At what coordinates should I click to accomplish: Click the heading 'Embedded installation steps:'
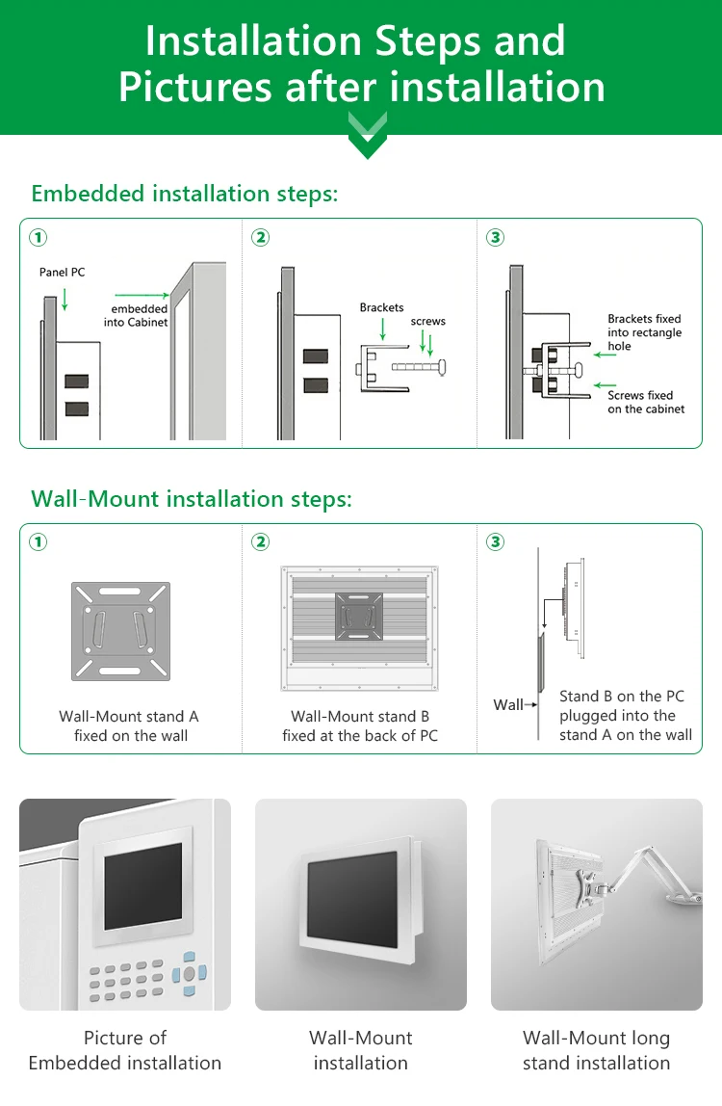coord(185,194)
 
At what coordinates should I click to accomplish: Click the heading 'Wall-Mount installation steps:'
coord(192,499)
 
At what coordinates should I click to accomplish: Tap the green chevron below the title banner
coord(368,135)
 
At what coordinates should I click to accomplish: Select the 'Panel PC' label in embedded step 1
coord(62,273)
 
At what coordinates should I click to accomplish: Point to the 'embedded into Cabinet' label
coord(136,315)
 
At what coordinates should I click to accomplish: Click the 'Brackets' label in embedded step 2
coord(381,307)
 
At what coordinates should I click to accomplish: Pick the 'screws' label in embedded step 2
coord(428,321)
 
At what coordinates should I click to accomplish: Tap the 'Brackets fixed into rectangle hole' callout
coord(644,332)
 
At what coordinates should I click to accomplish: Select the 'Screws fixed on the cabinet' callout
coord(646,402)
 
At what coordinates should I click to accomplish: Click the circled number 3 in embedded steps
coord(496,237)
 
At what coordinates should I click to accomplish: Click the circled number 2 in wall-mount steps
coord(260,542)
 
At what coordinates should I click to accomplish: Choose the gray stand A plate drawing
coord(120,631)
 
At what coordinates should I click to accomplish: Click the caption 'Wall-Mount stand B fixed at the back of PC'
coord(360,726)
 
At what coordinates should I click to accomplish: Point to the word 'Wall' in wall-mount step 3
coord(507,705)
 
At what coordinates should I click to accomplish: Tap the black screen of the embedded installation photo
coord(142,885)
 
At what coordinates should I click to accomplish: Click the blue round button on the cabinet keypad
coord(189,973)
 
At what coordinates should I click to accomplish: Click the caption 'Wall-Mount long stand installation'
coord(596,1050)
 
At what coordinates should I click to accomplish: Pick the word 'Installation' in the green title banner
coord(253,40)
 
